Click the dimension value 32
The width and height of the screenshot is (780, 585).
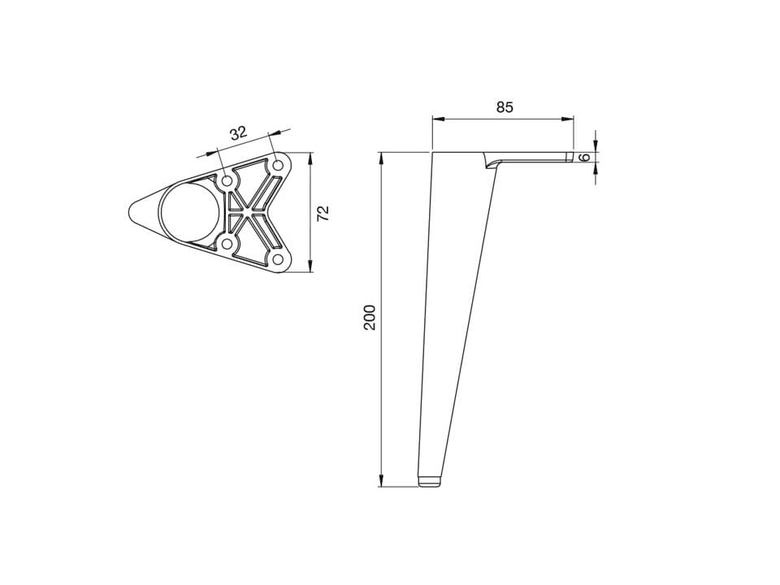pos(238,132)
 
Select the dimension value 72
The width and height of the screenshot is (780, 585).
pos(323,214)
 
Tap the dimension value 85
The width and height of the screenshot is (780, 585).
pos(505,107)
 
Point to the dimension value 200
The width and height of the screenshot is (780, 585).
pos(370,318)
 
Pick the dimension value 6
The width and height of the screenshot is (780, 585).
pos(586,157)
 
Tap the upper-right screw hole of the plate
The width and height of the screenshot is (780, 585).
pos(278,165)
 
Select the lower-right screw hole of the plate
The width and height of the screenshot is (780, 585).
pos(278,259)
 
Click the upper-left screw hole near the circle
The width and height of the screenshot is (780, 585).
pos(227,181)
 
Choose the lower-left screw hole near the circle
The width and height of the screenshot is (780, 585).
pos(227,244)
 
